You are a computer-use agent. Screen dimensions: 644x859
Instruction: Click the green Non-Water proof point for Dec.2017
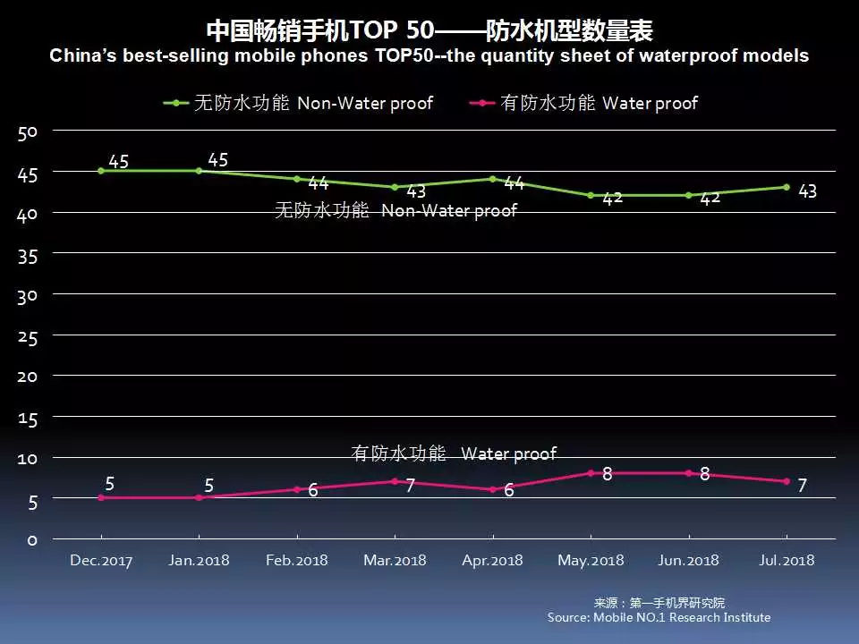pos(101,171)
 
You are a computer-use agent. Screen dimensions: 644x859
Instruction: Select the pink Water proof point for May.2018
pos(591,473)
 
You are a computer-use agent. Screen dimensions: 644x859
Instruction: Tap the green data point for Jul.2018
pos(787,187)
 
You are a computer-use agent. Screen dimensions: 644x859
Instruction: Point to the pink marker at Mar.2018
pos(395,481)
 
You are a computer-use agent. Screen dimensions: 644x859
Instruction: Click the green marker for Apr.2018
pos(492,179)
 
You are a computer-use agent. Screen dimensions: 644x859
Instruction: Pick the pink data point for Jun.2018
pos(688,473)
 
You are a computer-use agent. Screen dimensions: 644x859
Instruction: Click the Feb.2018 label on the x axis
pos(297,561)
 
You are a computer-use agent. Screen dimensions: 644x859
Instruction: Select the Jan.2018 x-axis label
pos(199,561)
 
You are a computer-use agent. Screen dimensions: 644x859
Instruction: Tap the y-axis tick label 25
pos(27,335)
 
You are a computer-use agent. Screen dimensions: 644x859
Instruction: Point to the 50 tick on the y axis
pos(27,132)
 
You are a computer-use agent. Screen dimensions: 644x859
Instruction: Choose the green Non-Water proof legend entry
pos(298,103)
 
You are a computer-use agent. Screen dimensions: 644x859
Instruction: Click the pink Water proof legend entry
pos(583,103)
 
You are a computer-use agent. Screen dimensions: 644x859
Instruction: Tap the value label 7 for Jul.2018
pos(803,486)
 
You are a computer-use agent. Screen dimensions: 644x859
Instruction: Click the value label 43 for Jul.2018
pos(807,191)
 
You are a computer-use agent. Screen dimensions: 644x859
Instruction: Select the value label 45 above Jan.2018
pos(217,160)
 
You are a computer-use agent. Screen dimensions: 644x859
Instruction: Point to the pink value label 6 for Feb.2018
pos(313,490)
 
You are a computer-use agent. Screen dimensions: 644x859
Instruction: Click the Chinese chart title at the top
pos(429,31)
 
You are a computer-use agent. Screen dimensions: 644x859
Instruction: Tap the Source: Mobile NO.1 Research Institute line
pos(659,617)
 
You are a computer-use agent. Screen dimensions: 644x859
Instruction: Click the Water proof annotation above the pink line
pos(454,453)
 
